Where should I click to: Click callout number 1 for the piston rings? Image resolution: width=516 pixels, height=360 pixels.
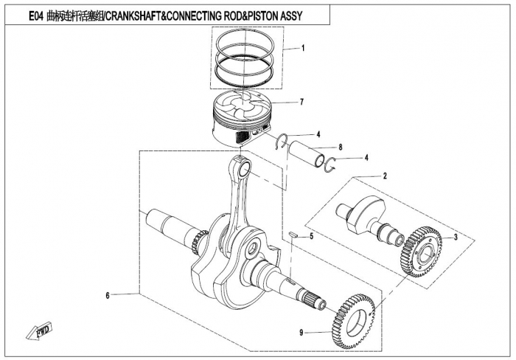point(303,49)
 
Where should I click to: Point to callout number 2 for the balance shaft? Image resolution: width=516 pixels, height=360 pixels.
point(384,177)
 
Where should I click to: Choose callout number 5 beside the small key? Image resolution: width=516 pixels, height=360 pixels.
point(312,236)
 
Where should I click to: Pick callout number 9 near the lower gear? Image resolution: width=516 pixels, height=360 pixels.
point(301,333)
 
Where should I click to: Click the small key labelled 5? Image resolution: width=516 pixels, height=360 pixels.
point(293,235)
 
